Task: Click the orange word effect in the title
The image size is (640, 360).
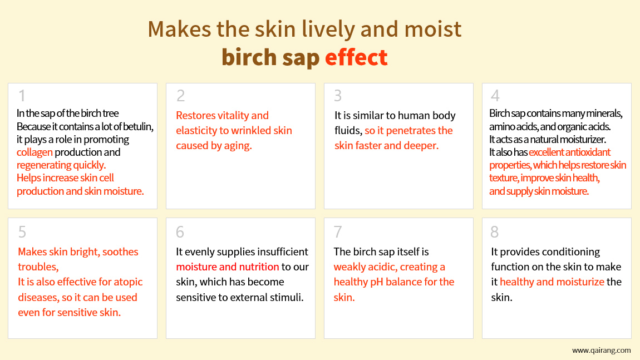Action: [356, 57]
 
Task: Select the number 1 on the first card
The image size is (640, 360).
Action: [22, 96]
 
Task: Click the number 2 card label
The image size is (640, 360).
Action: [180, 96]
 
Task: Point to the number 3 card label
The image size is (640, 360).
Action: [338, 96]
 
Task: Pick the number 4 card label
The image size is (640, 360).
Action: [495, 96]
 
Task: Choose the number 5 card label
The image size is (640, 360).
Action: [22, 232]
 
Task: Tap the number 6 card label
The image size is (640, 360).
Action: [180, 232]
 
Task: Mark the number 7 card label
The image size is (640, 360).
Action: [338, 232]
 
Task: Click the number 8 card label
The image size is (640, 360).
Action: [495, 232]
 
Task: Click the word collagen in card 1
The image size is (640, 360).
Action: [35, 152]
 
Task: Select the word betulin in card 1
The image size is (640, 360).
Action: [138, 126]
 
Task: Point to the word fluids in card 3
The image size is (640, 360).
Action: [348, 131]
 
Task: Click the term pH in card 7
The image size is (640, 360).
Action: [377, 283]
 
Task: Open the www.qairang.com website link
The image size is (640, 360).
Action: [601, 350]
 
